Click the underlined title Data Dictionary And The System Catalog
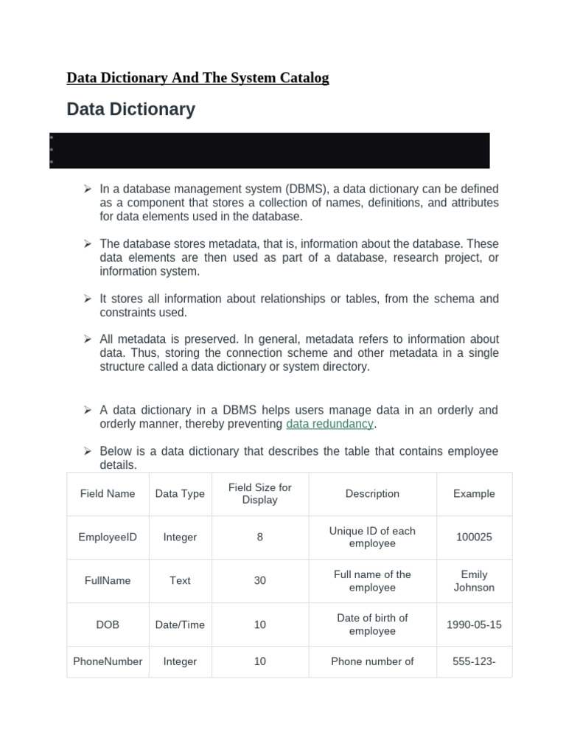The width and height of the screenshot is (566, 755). click(198, 77)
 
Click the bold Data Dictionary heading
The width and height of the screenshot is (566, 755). click(130, 109)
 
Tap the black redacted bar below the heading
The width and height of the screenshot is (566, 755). click(269, 150)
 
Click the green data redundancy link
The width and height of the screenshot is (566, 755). click(330, 424)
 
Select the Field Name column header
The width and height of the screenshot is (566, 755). click(108, 494)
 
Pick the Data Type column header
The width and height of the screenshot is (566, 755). click(180, 494)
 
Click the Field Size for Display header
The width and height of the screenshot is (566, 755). click(260, 494)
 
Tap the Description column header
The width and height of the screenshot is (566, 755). click(372, 494)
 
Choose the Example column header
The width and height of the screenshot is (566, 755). click(474, 494)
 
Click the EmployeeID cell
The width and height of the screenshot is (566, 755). click(108, 537)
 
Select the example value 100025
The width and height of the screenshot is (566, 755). click(474, 537)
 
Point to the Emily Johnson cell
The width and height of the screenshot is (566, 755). click(474, 581)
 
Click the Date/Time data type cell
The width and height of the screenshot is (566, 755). click(180, 624)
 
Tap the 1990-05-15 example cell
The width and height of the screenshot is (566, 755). click(474, 624)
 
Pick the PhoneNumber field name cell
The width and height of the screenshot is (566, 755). click(108, 661)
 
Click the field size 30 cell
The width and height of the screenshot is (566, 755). click(260, 581)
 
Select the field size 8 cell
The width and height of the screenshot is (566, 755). click(260, 537)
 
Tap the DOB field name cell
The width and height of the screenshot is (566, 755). click(108, 624)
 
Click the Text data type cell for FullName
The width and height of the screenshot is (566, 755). click(180, 581)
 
